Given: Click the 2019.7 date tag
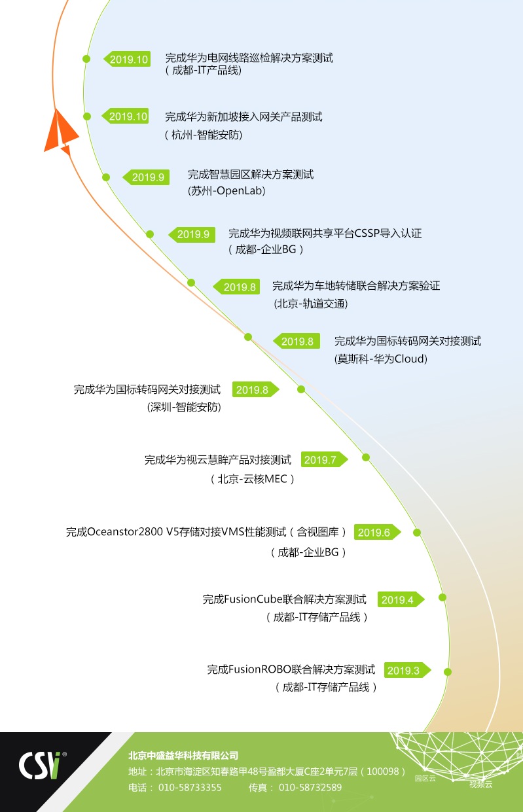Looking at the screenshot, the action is (324, 459).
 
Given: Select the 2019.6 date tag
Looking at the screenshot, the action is (377, 532).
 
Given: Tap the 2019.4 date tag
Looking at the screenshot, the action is (401, 599).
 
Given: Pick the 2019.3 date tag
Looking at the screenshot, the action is (408, 670).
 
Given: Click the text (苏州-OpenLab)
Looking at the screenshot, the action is (226, 190).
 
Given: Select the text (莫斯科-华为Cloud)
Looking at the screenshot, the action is (380, 359).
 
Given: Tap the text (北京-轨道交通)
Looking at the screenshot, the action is (310, 304).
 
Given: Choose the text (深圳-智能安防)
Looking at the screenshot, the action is (184, 407).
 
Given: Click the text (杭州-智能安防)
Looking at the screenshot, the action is (204, 135).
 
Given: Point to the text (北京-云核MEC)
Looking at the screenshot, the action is (253, 479).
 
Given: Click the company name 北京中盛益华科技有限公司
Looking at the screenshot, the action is (183, 755).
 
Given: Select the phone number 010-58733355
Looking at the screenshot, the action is (190, 788).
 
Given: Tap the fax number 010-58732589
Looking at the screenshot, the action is (310, 788).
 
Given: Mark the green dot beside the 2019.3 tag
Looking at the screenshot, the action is (448, 672).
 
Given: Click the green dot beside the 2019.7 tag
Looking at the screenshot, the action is (366, 457).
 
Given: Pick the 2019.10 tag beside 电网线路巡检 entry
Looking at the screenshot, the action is (127, 59).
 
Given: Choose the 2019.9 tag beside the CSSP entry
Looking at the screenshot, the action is (192, 234).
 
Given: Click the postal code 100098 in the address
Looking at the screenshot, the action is (383, 771).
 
